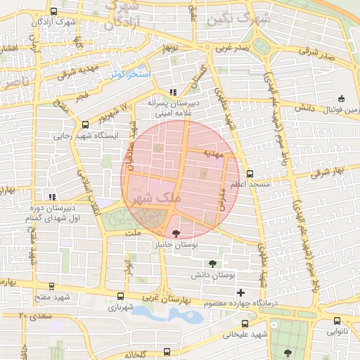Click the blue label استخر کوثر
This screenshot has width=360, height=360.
[x=127, y=73]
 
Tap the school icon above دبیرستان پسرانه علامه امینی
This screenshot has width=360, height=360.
[x=173, y=92]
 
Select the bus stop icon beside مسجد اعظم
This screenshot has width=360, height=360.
[x=250, y=172]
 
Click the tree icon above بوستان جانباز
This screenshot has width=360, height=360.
[x=175, y=233]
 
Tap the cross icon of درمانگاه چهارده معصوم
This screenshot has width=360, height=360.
[x=240, y=292]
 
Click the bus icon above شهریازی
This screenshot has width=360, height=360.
[x=120, y=297]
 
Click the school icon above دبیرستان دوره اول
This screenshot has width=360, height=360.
[x=50, y=198]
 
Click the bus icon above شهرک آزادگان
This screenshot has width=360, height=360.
[x=54, y=12]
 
